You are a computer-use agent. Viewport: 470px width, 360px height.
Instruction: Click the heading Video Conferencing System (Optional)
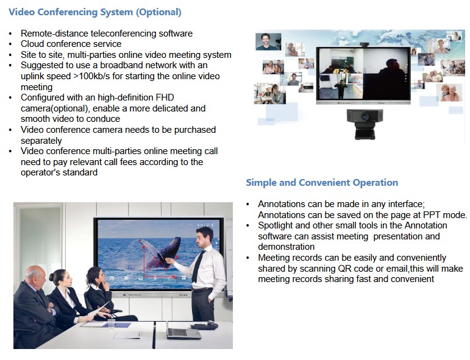pos(95,12)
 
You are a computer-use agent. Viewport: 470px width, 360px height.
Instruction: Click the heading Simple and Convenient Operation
pos(322,182)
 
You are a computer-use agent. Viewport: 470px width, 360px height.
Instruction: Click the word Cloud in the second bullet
pos(32,44)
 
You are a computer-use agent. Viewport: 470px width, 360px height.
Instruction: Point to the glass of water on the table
pos(111,324)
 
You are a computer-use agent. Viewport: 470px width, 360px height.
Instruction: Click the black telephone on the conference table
pos(205,325)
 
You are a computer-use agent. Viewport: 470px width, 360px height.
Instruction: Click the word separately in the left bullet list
pos(41,141)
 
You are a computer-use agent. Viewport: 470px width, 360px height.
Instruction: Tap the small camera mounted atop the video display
pos(364,45)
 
